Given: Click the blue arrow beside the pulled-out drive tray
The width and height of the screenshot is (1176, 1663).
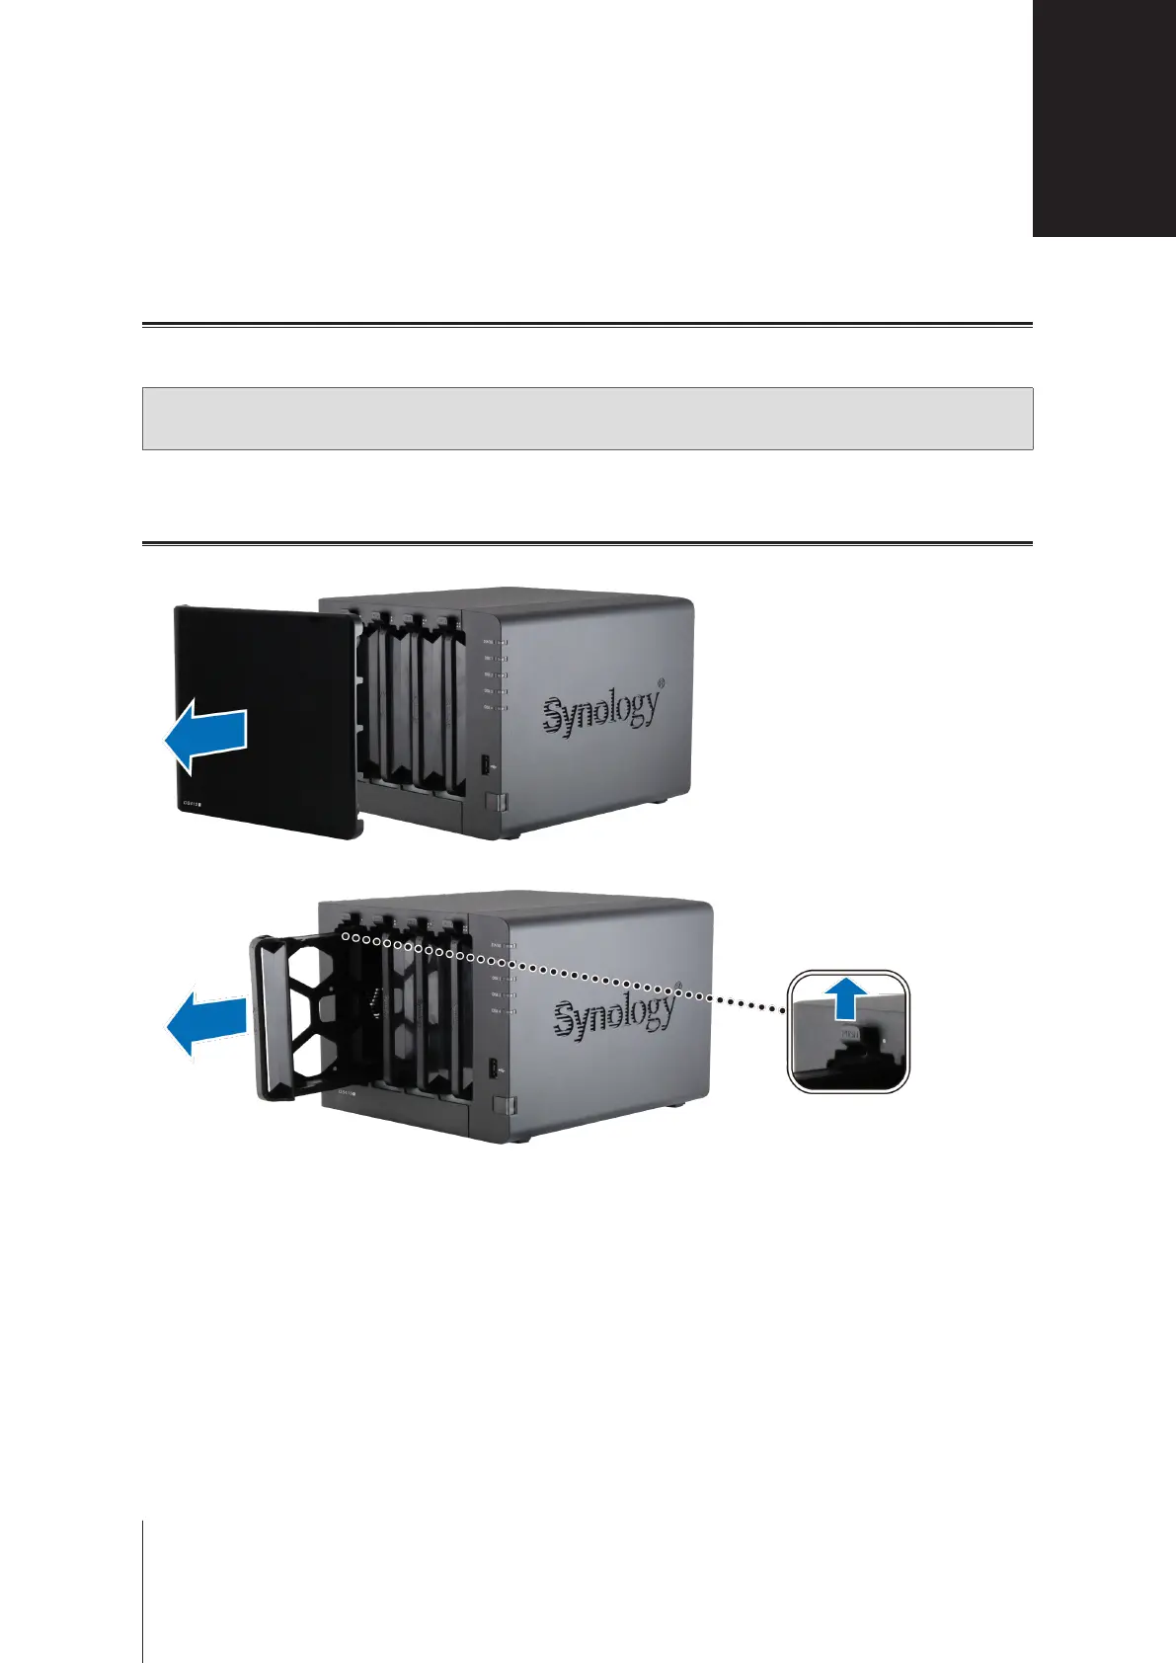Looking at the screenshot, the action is click(x=204, y=1027).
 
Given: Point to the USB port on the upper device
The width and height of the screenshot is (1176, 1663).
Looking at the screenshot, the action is click(x=486, y=764).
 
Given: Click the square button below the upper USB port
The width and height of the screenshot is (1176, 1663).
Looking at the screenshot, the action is click(x=500, y=802).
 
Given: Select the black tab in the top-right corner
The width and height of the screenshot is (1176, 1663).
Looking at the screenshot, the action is click(x=1104, y=119).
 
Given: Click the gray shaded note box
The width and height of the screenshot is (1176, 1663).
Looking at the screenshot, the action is click(x=588, y=419).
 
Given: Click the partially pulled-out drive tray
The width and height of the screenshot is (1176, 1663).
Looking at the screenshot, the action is click(x=306, y=1017).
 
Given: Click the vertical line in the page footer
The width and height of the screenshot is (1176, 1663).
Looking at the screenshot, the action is click(x=143, y=1590).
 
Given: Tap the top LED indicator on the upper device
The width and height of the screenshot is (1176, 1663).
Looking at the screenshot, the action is click(x=502, y=641).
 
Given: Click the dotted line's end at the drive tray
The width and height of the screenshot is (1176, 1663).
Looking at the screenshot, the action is click(x=344, y=932).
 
